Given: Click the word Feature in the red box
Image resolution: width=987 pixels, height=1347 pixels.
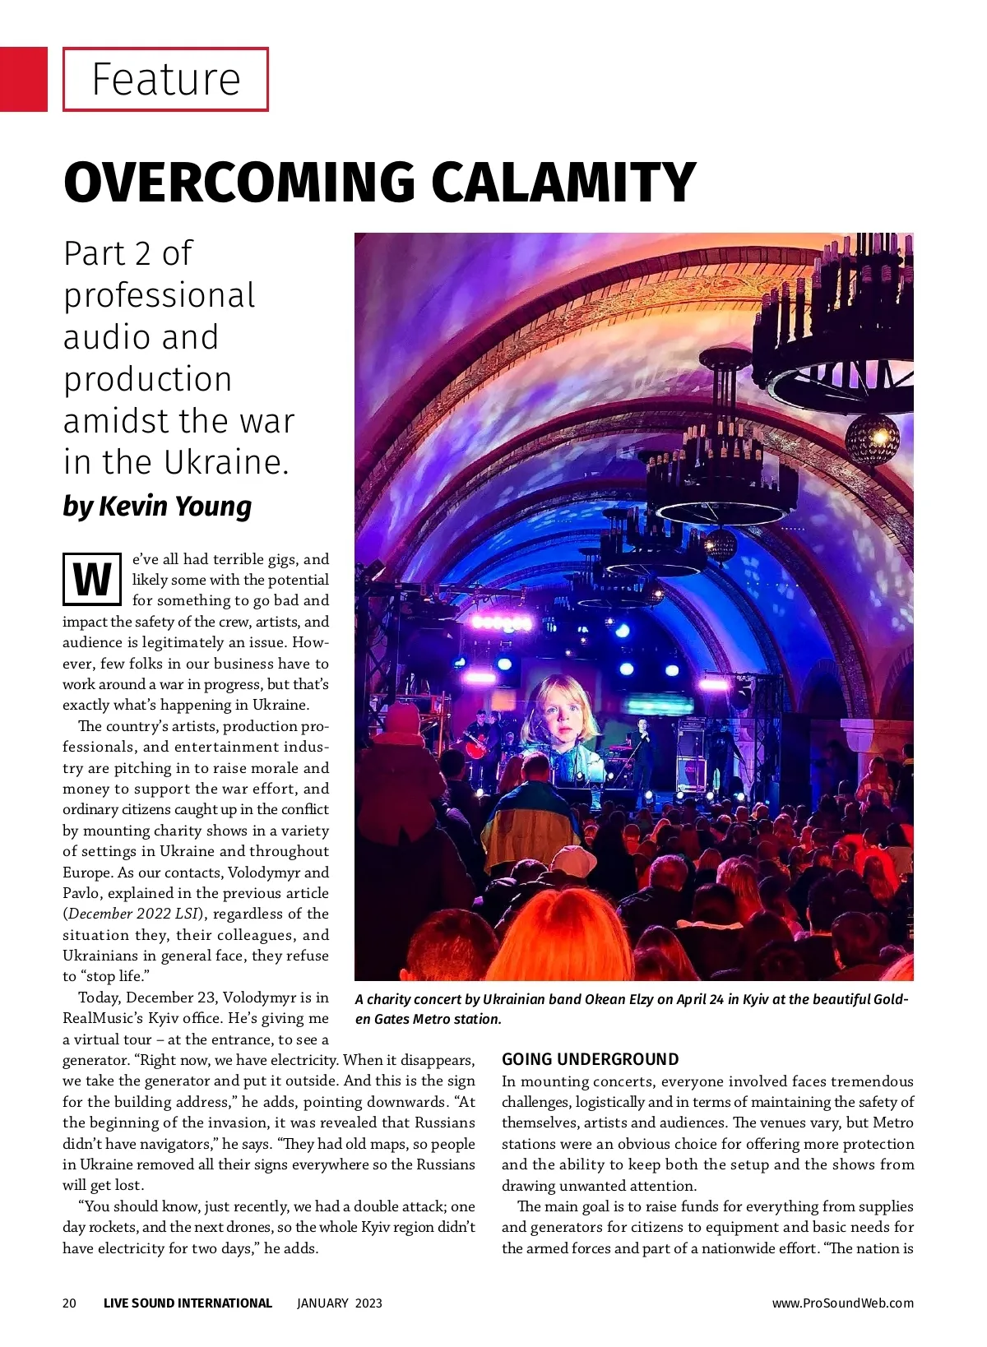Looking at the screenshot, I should [x=165, y=79].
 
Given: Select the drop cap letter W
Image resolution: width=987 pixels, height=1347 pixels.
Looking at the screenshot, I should [x=92, y=579].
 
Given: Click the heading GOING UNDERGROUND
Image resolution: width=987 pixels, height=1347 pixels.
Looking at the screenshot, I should [x=591, y=1059].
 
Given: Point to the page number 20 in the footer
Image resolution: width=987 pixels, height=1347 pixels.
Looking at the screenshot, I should [x=69, y=1303].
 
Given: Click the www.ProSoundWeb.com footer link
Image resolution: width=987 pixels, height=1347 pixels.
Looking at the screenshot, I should [x=842, y=1303].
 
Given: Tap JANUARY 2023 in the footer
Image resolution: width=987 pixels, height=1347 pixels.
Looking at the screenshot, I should [x=339, y=1303].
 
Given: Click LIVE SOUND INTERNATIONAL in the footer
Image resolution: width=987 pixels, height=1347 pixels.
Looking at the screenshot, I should [x=188, y=1303].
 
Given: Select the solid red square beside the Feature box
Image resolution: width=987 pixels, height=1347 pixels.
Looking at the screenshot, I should [x=24, y=79].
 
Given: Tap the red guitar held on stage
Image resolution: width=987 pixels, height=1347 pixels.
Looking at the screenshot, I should [x=477, y=747].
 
